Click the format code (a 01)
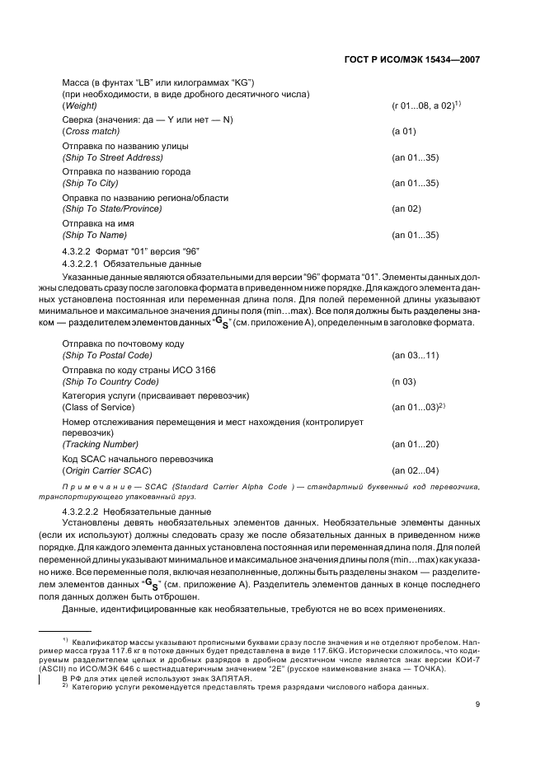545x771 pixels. [403, 132]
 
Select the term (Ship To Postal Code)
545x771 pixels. [106, 355]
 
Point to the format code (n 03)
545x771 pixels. [403, 381]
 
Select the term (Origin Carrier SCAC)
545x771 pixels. [106, 470]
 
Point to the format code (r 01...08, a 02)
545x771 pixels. [423, 107]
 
